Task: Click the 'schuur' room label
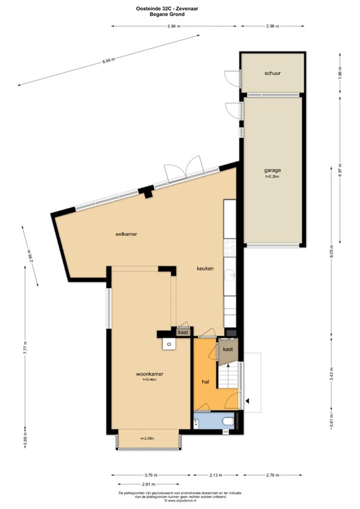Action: pos(272,74)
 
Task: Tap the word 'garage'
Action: pos(272,170)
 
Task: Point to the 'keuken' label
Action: pos(205,268)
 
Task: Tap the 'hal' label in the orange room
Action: pos(206,383)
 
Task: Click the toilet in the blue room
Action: pos(226,420)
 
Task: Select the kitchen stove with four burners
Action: pos(229,248)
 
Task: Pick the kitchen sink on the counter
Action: pos(229,277)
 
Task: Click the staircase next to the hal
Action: pos(229,379)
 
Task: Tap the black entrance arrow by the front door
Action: pos(248,400)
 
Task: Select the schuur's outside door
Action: pos(230,80)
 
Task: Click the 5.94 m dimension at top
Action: pos(174,26)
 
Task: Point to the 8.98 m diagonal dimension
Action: pos(109,61)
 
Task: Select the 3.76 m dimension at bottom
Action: pos(150,475)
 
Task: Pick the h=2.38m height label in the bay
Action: pos(147,439)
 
